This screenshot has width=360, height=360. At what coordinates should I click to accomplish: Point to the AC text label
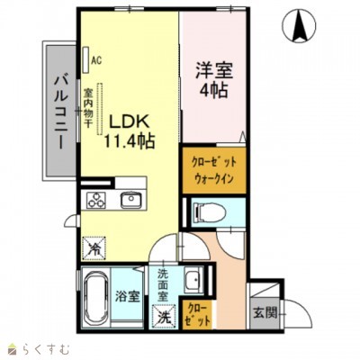(95, 61)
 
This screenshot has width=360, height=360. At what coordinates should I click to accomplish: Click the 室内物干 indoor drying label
(89, 106)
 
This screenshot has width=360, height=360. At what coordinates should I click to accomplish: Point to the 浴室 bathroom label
(128, 295)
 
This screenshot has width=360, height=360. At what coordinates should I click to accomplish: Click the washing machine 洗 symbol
(164, 317)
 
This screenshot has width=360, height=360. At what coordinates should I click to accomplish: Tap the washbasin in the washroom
(193, 281)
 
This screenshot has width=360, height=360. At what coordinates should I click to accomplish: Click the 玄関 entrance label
(264, 312)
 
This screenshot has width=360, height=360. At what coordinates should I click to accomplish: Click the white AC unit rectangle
(86, 60)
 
